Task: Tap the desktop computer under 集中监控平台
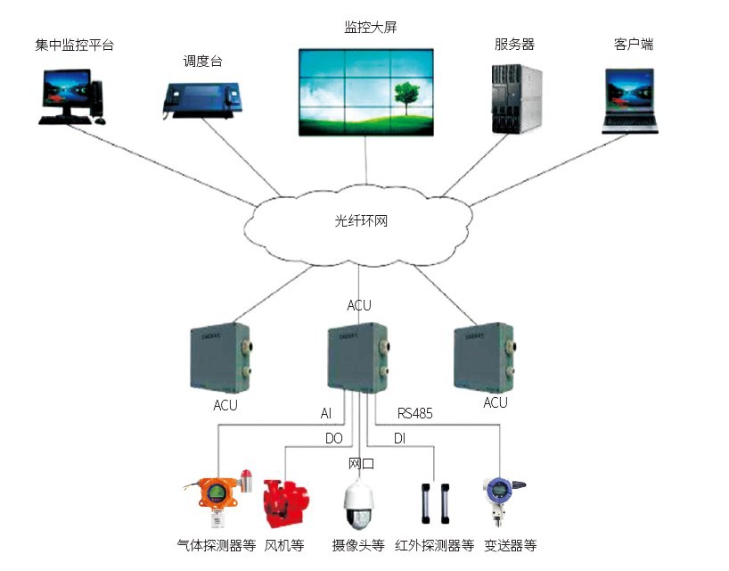(x=70, y=96)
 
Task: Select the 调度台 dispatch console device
(x=199, y=96)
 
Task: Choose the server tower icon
(x=517, y=98)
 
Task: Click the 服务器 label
(x=514, y=44)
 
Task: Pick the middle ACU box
(x=356, y=357)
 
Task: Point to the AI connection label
(x=326, y=414)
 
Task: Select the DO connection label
(x=332, y=439)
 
